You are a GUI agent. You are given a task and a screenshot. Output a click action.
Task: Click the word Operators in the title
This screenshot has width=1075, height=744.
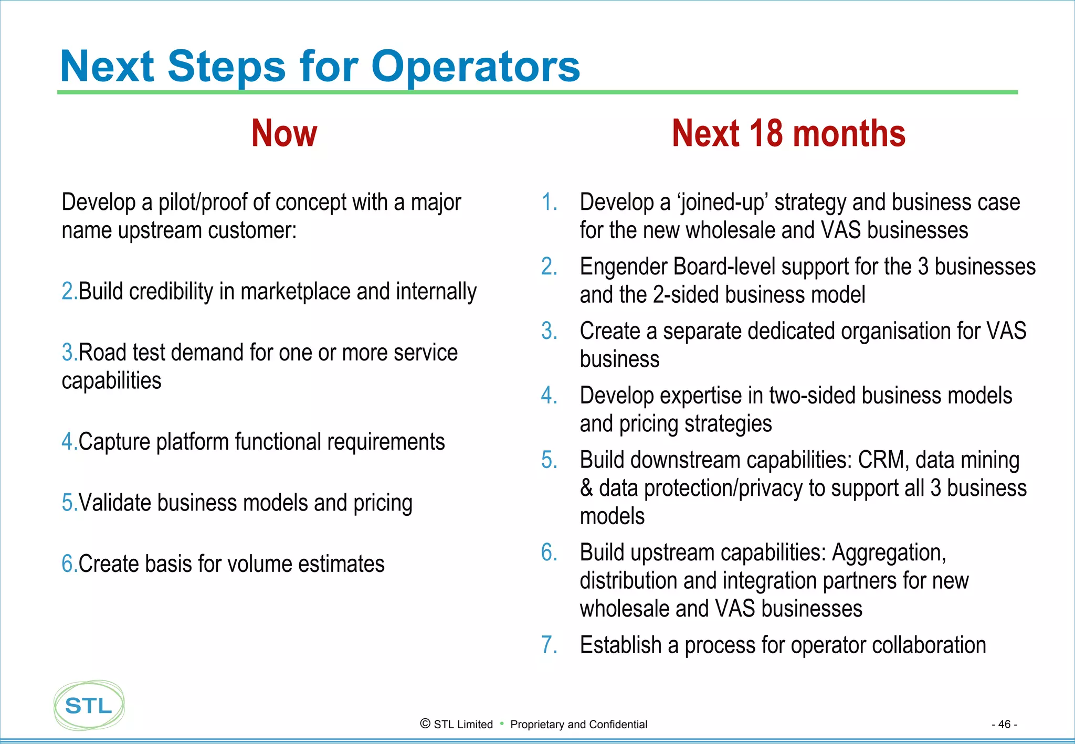coord(475,67)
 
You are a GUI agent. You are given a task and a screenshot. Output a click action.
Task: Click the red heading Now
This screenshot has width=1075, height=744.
coord(284,133)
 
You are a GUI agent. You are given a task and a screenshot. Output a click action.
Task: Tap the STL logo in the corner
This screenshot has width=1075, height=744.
coord(89,705)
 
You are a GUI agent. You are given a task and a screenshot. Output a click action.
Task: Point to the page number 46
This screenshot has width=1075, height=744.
coord(1004,724)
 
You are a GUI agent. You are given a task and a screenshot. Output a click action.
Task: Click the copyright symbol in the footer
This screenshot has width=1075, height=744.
coord(425,724)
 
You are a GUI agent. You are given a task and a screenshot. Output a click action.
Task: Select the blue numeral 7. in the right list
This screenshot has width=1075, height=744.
coord(549,645)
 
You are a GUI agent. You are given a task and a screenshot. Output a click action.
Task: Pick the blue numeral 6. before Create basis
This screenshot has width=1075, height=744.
coord(69,564)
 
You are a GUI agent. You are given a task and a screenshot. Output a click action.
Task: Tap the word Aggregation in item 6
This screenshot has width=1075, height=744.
coord(889,552)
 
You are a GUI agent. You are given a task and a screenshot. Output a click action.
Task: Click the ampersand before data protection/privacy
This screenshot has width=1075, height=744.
coord(586,488)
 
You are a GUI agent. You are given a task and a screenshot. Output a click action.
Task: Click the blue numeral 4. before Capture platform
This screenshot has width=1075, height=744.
coord(69,442)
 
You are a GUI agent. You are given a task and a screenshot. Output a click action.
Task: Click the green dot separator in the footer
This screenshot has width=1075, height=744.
coord(502,724)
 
